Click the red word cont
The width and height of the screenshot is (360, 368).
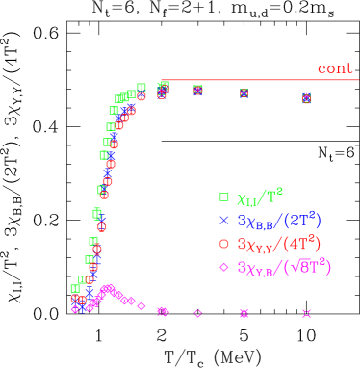coord(335,68)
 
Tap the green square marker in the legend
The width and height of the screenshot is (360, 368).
coord(224,197)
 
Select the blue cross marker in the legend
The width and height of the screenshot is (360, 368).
coord(224,221)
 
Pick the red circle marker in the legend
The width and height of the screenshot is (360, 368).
coord(224,244)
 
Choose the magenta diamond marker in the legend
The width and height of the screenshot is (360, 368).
coord(224,267)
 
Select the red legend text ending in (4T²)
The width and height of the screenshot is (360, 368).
coord(279,244)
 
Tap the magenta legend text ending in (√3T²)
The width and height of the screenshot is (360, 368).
coord(284,267)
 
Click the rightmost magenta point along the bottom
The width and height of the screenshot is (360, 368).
coord(306,313)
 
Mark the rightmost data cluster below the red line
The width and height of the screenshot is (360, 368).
coord(306,97)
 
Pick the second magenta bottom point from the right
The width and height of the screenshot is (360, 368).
coord(244,313)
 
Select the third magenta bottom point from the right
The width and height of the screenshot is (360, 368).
coord(197,313)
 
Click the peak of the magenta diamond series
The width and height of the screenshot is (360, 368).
coord(111,288)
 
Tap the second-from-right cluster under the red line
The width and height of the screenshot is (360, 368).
coord(244,92)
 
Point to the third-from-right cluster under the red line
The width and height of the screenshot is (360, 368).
coord(197,91)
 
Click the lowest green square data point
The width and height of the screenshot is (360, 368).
coord(75,288)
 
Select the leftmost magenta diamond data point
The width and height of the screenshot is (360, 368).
coord(75,309)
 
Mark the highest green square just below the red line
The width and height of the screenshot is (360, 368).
coord(165,85)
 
